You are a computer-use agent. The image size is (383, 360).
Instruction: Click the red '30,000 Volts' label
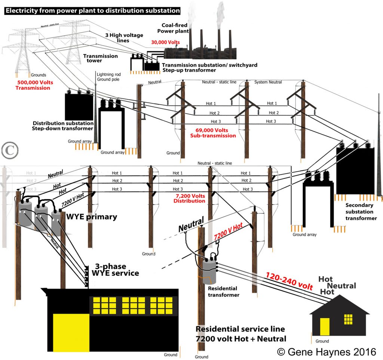click(x=165, y=43)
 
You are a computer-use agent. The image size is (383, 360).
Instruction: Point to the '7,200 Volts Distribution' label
click(x=190, y=198)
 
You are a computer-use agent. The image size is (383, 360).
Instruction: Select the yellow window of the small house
click(x=348, y=319)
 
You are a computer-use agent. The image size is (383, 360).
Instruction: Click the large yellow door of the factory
click(x=71, y=333)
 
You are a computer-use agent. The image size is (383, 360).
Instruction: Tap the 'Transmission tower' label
click(x=100, y=59)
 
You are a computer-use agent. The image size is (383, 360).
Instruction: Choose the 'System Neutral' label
click(x=268, y=82)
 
